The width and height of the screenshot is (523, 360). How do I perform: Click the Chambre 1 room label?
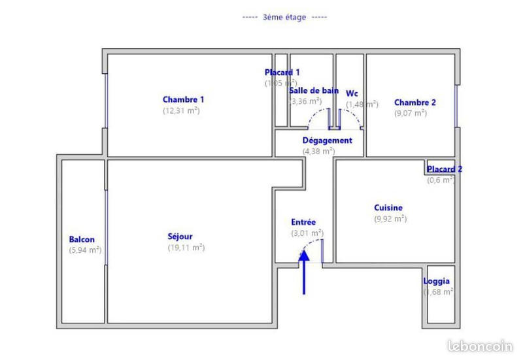(183, 100)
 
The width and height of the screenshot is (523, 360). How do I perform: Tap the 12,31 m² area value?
(181, 111)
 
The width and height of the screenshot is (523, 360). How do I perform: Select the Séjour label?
(180, 237)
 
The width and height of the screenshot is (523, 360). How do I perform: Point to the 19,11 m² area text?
(186, 248)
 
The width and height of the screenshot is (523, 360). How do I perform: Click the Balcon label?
(82, 239)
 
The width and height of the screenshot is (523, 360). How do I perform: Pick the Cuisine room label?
(388, 208)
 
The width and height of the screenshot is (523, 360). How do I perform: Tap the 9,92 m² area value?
(390, 219)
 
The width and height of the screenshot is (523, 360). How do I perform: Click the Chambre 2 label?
(414, 103)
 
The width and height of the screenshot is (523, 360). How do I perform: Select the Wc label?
(352, 93)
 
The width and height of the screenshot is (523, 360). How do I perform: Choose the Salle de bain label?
(314, 90)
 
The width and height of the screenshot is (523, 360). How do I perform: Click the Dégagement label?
(327, 140)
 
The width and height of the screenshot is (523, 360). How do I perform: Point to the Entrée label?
(303, 222)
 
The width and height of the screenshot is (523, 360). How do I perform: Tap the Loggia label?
(436, 282)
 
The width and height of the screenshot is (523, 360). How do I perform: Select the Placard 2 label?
(445, 169)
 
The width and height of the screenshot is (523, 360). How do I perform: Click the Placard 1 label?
(282, 72)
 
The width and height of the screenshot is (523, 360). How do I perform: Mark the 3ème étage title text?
(284, 18)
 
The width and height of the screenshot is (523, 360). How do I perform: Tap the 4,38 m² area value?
(318, 151)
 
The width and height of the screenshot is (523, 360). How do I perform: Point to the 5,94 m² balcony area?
(85, 250)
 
